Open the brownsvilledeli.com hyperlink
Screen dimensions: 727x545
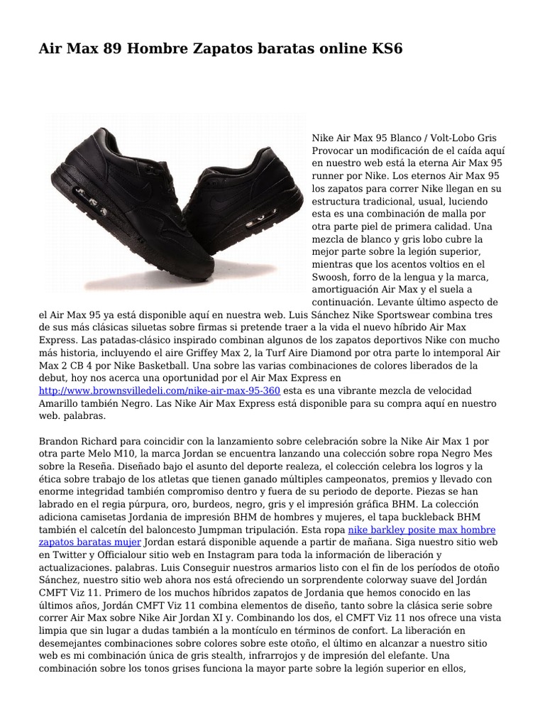tap(160, 391)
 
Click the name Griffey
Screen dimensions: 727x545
tap(241, 353)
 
